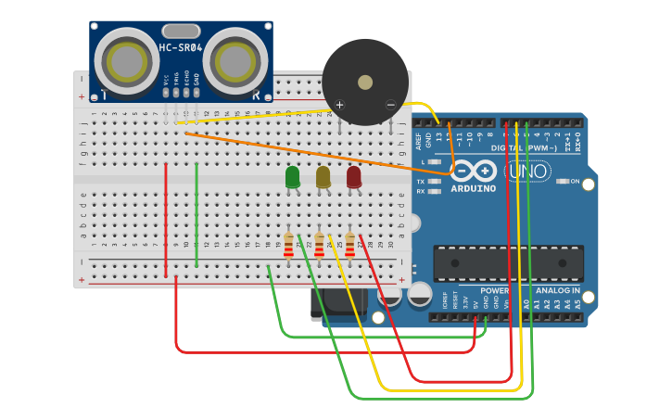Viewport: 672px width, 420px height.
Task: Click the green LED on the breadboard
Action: pyautogui.click(x=292, y=176)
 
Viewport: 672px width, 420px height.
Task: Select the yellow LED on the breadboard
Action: pyautogui.click(x=323, y=176)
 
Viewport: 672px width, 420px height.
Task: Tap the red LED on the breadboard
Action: pyautogui.click(x=354, y=176)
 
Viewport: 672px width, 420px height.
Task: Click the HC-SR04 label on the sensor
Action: pyautogui.click(x=181, y=47)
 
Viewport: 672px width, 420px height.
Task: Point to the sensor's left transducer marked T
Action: pyautogui.click(x=126, y=61)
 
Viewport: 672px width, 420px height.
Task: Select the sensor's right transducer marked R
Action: pyautogui.click(x=235, y=61)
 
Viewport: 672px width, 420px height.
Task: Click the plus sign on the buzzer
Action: pyautogui.click(x=339, y=105)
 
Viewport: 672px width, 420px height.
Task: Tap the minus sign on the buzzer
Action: pyautogui.click(x=390, y=105)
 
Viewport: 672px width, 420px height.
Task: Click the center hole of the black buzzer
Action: pyautogui.click(x=365, y=83)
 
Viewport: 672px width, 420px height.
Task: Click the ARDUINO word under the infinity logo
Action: pyautogui.click(x=473, y=188)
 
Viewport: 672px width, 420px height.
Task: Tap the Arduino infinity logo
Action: pyautogui.click(x=474, y=171)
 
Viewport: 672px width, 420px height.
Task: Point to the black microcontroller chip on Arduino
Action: pyautogui.click(x=508, y=263)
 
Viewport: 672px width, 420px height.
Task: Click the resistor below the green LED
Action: pyautogui.click(x=288, y=245)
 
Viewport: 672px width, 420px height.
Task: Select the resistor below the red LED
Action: pyautogui.click(x=350, y=245)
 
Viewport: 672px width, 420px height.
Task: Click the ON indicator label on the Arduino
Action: pyautogui.click(x=575, y=181)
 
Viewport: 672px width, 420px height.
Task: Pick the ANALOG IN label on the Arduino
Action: pyautogui.click(x=555, y=290)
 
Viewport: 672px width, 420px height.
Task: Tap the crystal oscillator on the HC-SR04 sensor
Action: pyautogui.click(x=181, y=32)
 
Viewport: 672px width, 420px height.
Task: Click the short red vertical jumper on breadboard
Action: pyautogui.click(x=166, y=220)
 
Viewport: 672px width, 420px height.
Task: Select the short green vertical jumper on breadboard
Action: pyautogui.click(x=197, y=215)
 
